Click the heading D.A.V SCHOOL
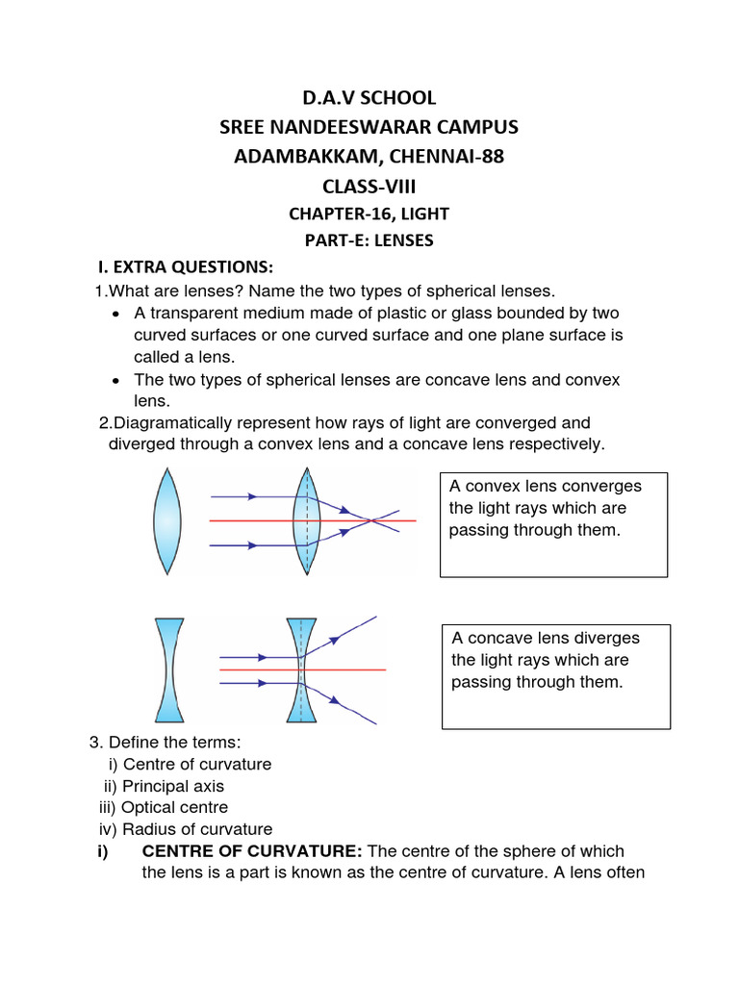(369, 97)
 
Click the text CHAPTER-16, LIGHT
(369, 215)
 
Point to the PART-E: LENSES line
(369, 240)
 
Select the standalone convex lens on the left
(166, 520)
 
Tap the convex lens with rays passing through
(306, 520)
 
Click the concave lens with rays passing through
(300, 669)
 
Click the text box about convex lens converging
(553, 524)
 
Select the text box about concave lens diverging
(555, 676)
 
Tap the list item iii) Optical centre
(164, 807)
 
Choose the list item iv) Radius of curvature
(185, 828)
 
